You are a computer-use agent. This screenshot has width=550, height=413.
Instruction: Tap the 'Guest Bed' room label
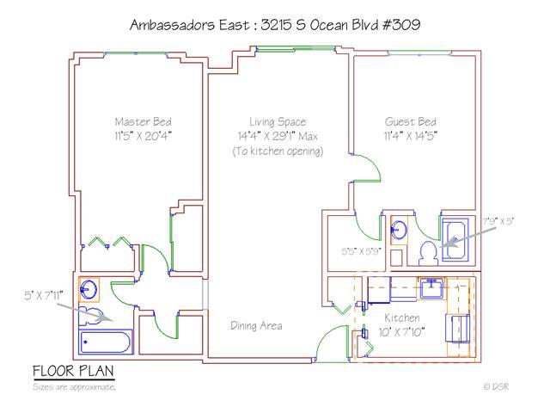tap(410, 121)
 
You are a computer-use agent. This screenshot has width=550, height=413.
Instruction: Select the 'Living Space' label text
tap(278, 121)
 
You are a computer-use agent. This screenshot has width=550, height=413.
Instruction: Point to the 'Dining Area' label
tap(256, 326)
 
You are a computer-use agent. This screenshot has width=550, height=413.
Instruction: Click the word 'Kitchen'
tap(401, 318)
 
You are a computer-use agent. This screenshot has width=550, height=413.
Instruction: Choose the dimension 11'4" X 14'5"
tap(410, 136)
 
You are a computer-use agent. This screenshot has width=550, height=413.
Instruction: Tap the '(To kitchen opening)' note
tap(278, 151)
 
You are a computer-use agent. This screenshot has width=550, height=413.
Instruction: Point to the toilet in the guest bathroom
tap(427, 253)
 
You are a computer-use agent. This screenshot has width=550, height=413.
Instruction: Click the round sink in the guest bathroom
tap(400, 230)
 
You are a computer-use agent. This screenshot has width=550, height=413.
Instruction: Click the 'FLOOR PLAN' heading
tap(73, 372)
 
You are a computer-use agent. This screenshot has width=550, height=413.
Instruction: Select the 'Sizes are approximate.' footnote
tap(74, 387)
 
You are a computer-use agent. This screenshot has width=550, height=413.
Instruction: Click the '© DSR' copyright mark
tap(496, 387)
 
